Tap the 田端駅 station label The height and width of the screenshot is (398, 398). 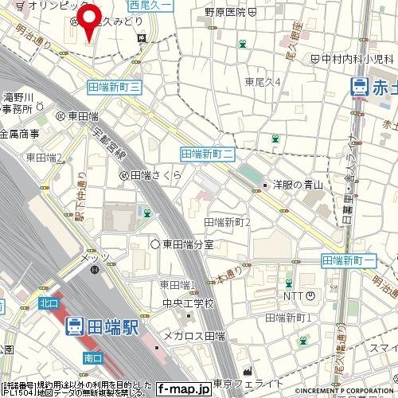coord(104,326)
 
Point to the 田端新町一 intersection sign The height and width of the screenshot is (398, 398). coord(349,261)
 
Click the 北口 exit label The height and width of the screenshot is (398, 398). coord(49,301)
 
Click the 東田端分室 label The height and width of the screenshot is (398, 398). coord(189,243)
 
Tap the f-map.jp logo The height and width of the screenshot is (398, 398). coord(183,389)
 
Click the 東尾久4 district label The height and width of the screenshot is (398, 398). coord(263,81)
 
